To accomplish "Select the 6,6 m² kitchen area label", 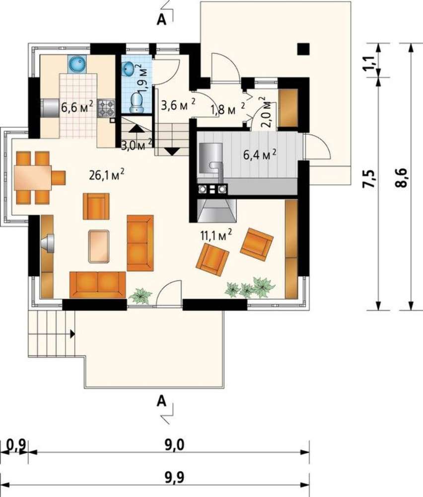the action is pyautogui.click(x=77, y=107).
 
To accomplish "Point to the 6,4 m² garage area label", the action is pyautogui.click(x=260, y=155).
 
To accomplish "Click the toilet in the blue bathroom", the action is pyautogui.click(x=137, y=102).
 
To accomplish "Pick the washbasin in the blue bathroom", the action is pyautogui.click(x=129, y=69).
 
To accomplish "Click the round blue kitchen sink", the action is pyautogui.click(x=76, y=64).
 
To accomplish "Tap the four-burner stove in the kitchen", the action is pyautogui.click(x=106, y=107).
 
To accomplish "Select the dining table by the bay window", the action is pyautogui.click(x=32, y=177).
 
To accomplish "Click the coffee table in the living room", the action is pyautogui.click(x=99, y=247).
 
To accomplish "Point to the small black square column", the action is pyautogui.click(x=303, y=49).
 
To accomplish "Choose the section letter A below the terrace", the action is pyautogui.click(x=161, y=401).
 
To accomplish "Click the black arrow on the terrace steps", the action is pyautogui.click(x=72, y=333).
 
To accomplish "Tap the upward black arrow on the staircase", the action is pyautogui.click(x=136, y=128).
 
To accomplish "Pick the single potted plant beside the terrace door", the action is pyautogui.click(x=141, y=296).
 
